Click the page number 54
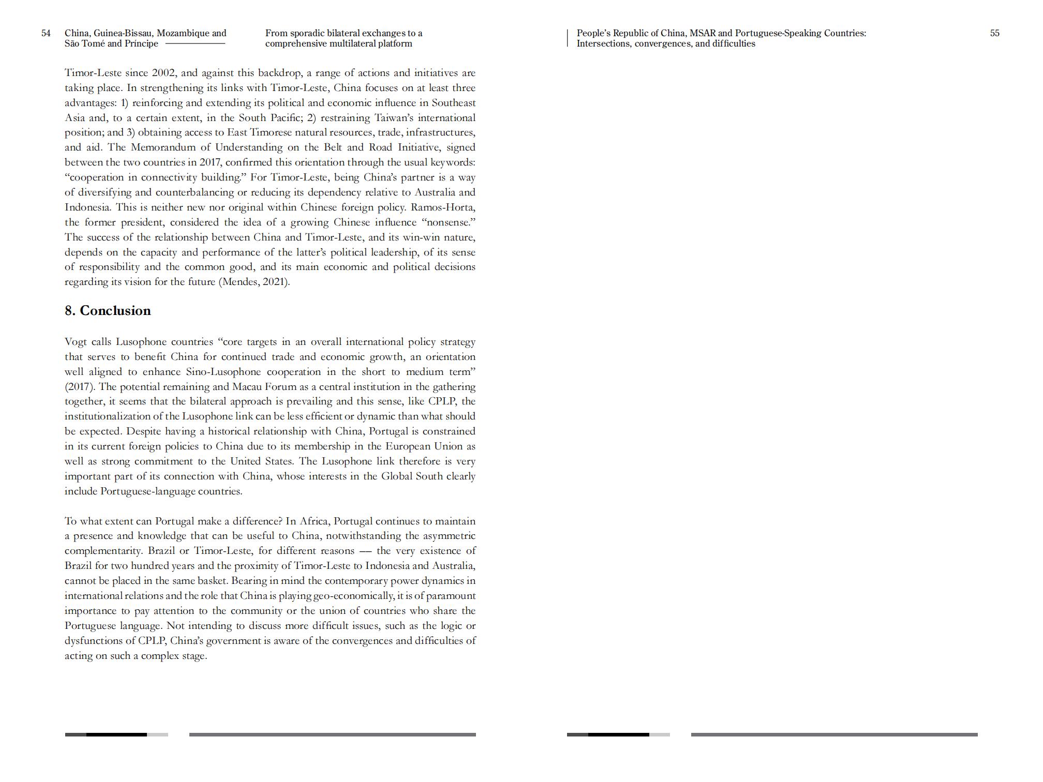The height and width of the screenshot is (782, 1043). click(x=46, y=33)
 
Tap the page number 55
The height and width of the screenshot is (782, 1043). click(x=994, y=33)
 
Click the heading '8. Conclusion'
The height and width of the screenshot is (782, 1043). click(x=108, y=310)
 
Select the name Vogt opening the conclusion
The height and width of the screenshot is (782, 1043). click(x=76, y=342)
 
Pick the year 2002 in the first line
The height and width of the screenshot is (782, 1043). click(x=164, y=73)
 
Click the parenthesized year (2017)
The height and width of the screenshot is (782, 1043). click(x=80, y=387)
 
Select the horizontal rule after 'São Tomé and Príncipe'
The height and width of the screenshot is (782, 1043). click(x=195, y=44)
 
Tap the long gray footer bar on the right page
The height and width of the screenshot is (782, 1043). click(x=834, y=734)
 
